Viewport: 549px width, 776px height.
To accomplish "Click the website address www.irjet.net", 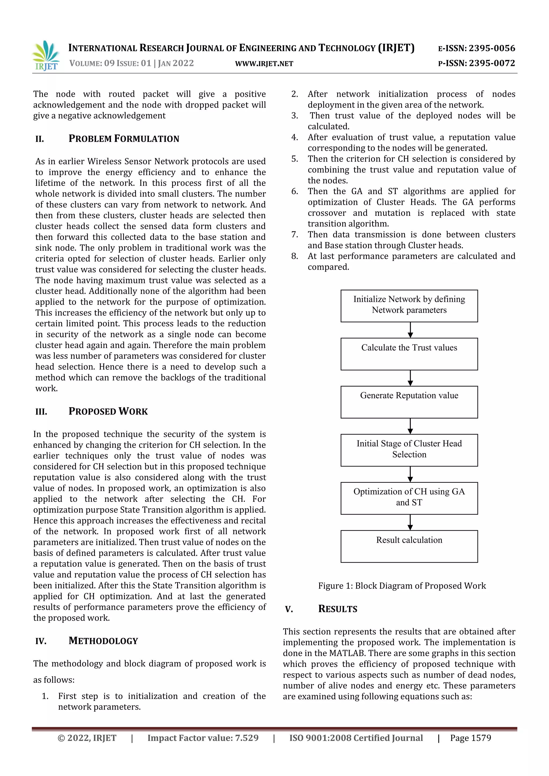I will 264,64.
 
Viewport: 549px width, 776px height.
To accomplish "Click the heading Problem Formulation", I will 124,139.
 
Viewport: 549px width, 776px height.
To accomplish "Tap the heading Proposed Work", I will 108,411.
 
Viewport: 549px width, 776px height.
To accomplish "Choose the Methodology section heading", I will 103,641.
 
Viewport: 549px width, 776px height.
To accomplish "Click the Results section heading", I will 337,609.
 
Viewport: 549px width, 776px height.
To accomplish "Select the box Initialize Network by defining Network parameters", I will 409,306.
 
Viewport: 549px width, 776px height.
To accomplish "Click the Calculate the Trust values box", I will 409,354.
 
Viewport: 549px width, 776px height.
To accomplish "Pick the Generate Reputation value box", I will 409,402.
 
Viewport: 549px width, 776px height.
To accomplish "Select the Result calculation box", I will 409,546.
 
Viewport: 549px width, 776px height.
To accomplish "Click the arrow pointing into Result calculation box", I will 410,522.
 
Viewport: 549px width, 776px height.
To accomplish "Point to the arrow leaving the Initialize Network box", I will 410,330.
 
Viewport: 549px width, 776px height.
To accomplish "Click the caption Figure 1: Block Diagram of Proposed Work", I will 402,586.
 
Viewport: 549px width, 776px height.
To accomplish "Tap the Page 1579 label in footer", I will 470,738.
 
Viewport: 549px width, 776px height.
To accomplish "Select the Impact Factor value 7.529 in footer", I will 203,738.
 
